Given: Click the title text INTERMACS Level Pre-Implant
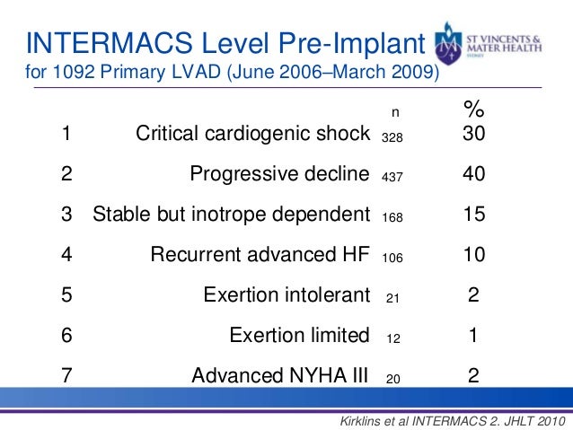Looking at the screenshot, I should (225, 42).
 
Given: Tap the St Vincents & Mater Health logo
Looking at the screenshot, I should (498, 46).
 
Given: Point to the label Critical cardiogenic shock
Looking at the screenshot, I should (252, 136).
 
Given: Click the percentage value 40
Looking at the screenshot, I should (473, 174).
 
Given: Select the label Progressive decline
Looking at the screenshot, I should (279, 174).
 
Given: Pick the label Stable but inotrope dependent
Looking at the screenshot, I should (232, 214).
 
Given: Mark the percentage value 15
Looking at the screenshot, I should (473, 214).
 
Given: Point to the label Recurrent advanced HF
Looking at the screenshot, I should (260, 254).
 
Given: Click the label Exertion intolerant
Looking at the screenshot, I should (286, 294).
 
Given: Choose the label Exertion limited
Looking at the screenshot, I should (299, 336).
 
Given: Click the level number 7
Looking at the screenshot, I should (66, 376).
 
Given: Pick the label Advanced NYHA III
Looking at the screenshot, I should (280, 376).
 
